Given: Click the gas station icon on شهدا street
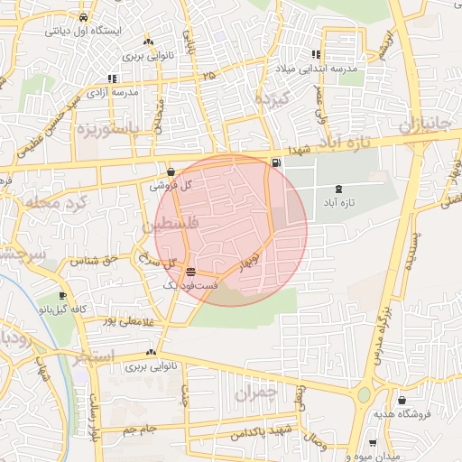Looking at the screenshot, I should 274,162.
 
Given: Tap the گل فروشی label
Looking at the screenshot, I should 175,185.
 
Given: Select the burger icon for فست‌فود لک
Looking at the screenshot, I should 189,271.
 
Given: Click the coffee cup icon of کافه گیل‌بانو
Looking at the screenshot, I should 62,295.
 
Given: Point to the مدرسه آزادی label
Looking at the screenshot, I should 113,92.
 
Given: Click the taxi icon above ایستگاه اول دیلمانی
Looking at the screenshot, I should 83,17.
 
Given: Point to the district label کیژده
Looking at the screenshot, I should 270,98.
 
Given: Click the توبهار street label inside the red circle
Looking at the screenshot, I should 248,258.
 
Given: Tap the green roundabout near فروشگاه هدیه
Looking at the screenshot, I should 365,393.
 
